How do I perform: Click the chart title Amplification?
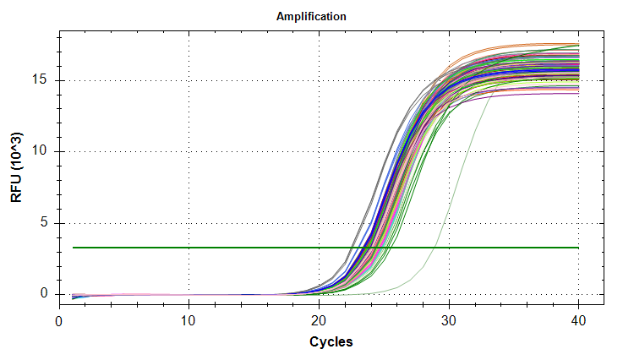pos(311,17)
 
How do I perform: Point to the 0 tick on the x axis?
pos(58,321)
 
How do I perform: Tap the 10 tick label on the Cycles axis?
pos(189,321)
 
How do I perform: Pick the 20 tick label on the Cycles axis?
pos(319,321)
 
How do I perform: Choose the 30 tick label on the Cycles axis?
pos(449,321)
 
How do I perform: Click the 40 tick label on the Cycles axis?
pos(579,321)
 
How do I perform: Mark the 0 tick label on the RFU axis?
pos(46,294)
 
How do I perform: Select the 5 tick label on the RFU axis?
pos(46,223)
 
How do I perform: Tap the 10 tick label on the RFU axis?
pos(42,152)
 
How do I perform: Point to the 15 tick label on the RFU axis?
pos(42,80)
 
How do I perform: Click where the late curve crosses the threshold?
pos(434,248)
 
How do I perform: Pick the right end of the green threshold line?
pos(578,248)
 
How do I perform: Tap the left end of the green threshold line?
pos(74,248)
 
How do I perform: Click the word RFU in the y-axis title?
pos(17,189)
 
